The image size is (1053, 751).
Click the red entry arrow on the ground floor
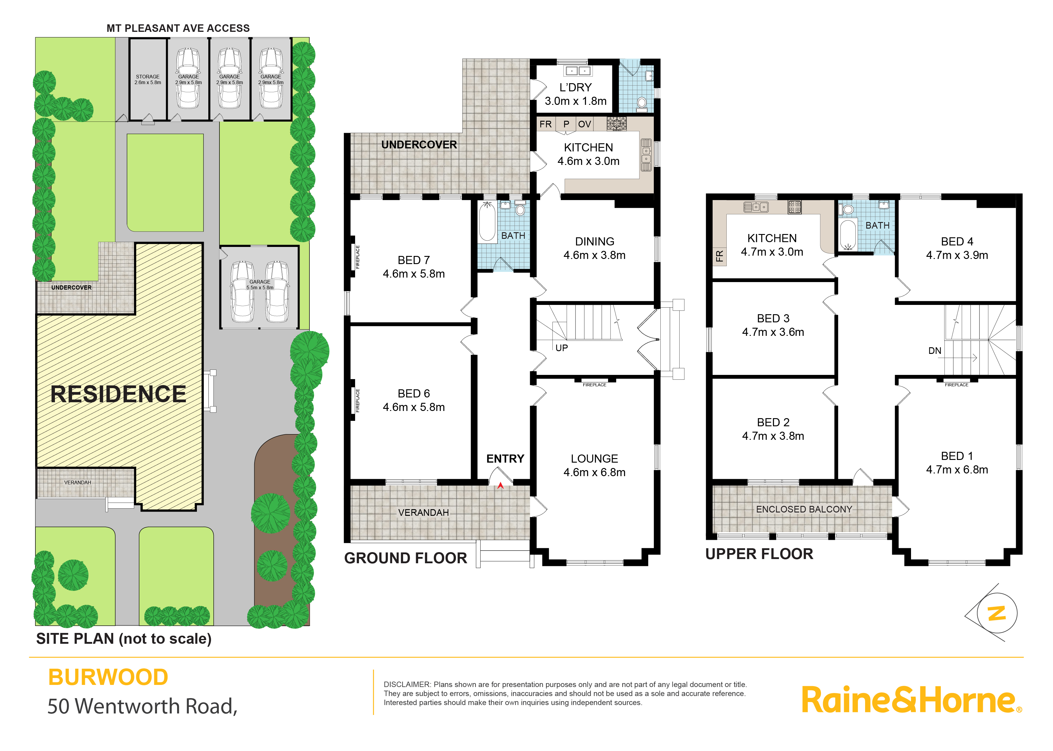tap(500, 485)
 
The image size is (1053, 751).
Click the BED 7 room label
tap(414, 260)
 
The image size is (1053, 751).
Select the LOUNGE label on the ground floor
tap(594, 459)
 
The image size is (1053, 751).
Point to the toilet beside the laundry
tap(642, 104)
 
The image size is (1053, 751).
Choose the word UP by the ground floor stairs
tap(561, 348)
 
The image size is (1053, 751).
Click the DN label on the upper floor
tap(935, 351)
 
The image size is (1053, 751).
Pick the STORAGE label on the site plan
tap(147, 77)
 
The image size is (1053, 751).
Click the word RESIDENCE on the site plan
tap(118, 394)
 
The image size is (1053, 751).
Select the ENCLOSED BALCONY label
tap(804, 509)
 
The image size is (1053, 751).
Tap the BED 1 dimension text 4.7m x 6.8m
tap(957, 470)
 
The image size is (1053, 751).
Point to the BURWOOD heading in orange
tap(108, 677)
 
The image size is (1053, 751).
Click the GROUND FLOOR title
tap(406, 558)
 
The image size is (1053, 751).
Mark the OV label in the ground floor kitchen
tap(584, 124)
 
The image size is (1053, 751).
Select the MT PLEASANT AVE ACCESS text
tap(178, 28)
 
